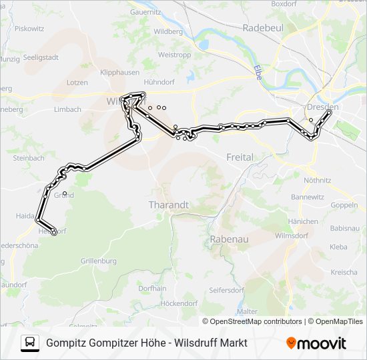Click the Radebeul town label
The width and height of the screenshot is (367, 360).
pyautogui.click(x=263, y=28)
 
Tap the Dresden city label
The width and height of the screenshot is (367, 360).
pyautogui.click(x=322, y=107)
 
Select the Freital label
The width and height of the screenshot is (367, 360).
pyautogui.click(x=240, y=157)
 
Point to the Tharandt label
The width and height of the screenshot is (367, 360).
pyautogui.click(x=168, y=205)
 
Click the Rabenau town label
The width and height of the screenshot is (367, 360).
pyautogui.click(x=229, y=238)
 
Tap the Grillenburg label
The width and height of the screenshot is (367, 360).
pyautogui.click(x=98, y=261)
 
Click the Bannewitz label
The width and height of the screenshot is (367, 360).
pyautogui.click(x=308, y=197)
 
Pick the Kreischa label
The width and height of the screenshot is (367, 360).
pyautogui.click(x=344, y=272)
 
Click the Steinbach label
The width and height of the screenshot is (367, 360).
pyautogui.click(x=28, y=158)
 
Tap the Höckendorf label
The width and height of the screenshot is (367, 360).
pyautogui.click(x=179, y=303)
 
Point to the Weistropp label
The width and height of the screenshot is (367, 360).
pyautogui.click(x=175, y=55)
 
